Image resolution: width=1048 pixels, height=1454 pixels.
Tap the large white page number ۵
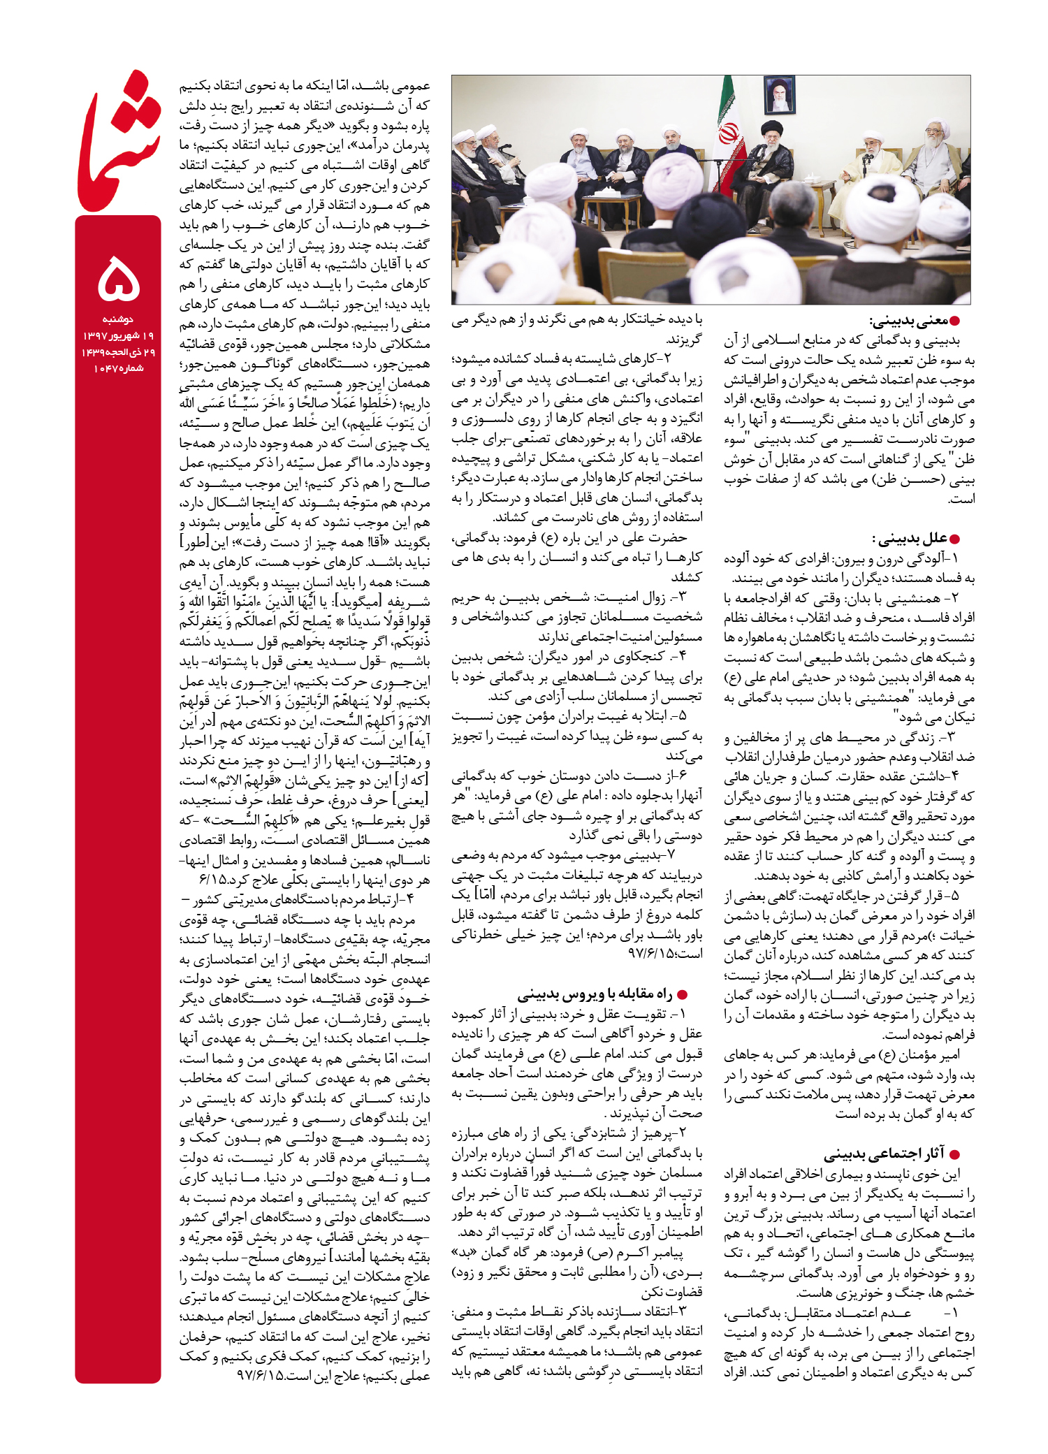[119, 278]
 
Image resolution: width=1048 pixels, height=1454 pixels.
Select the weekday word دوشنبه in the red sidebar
[118, 320]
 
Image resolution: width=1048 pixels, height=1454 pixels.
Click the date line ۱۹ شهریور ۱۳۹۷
[118, 336]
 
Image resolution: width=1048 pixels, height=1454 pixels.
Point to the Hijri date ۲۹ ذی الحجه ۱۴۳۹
[118, 352]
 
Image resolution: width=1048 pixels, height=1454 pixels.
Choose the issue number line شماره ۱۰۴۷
[118, 368]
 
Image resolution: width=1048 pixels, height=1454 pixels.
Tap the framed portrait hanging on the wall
[779, 95]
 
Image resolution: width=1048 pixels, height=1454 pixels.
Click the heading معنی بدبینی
[908, 321]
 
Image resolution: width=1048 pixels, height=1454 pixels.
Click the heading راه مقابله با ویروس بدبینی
[595, 994]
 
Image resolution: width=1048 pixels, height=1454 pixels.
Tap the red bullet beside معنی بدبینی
[954, 321]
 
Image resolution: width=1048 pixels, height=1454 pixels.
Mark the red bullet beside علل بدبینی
[955, 539]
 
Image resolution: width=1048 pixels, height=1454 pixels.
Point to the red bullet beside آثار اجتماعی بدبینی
[954, 1154]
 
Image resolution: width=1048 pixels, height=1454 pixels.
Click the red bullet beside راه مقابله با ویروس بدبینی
[683, 995]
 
